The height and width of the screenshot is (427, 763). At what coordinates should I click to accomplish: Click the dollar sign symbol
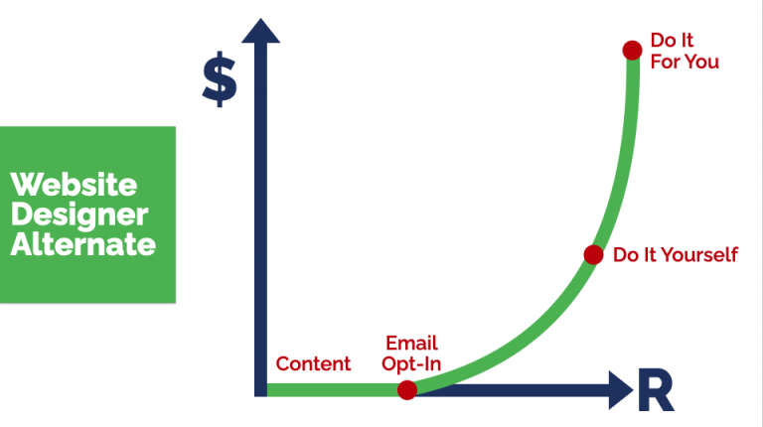220,80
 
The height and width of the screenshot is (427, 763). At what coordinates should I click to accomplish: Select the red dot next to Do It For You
631,50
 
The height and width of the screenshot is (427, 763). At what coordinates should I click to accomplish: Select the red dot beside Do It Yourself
593,255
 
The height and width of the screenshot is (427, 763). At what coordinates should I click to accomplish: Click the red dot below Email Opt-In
406,390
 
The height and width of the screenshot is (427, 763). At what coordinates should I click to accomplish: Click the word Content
313,363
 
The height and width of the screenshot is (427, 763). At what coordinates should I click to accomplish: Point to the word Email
410,344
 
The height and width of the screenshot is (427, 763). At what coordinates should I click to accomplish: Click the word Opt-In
410,363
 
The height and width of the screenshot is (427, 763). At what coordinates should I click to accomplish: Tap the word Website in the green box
74,185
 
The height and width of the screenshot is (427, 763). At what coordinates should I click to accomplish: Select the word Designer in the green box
78,213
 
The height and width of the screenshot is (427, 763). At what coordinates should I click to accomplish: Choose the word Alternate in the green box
82,243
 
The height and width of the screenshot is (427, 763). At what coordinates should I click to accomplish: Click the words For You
685,62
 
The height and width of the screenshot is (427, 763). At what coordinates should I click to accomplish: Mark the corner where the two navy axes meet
261,389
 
